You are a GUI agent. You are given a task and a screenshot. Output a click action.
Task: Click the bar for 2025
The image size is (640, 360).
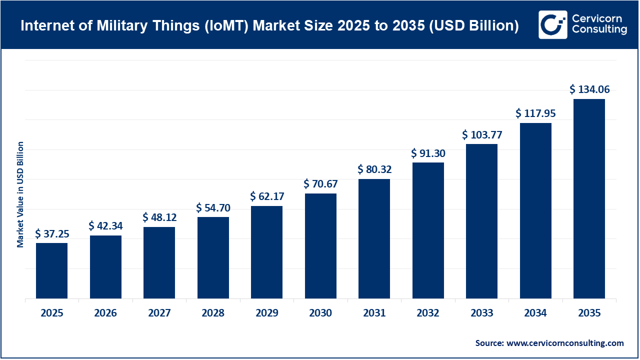tap(51, 270)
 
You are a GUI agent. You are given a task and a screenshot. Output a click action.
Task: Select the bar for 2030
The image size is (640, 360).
tap(320, 246)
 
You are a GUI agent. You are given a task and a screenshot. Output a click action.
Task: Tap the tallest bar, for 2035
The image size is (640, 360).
tap(589, 198)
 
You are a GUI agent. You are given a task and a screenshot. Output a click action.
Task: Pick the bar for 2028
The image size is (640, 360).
tap(213, 257)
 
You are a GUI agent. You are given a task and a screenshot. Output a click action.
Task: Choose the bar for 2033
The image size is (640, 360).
tap(481, 221)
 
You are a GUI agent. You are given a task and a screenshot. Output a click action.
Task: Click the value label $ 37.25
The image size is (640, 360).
tap(52, 234)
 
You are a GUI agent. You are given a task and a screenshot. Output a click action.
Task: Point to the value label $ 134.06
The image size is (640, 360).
tap(589, 89)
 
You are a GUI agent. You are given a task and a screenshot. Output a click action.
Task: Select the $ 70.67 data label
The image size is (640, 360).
tap(320, 184)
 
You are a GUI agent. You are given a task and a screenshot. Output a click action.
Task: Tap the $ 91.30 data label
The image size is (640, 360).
tap(428, 153)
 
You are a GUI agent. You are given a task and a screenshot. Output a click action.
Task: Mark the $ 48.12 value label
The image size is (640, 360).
tap(159, 217)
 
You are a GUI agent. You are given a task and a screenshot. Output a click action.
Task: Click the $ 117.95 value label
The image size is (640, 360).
tap(535, 113)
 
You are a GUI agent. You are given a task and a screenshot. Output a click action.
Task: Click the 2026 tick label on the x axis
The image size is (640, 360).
tap(105, 313)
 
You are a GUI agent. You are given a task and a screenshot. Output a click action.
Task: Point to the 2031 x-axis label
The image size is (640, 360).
tap(374, 313)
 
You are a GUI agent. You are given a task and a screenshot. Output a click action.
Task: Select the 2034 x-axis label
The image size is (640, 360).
tap(535, 313)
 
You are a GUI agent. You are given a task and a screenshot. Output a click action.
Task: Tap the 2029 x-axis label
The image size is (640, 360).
tap(267, 313)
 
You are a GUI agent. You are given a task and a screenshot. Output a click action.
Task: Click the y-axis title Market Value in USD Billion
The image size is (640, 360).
tap(20, 194)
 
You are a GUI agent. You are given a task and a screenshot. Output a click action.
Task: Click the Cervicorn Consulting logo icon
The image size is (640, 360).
tap(552, 24)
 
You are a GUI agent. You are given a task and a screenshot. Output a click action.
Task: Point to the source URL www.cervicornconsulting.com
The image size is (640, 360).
tap(565, 343)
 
